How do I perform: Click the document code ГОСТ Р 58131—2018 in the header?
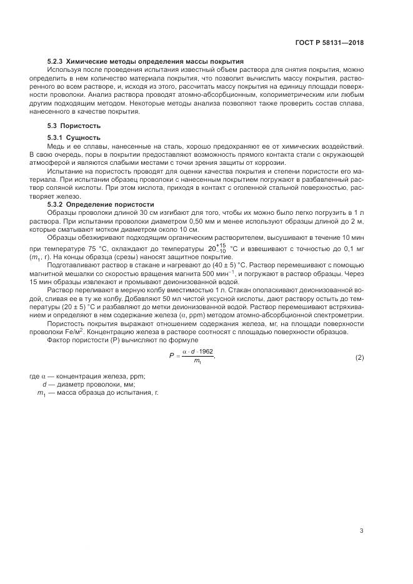click(x=329, y=43)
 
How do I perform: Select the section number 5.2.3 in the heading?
click(x=56, y=62)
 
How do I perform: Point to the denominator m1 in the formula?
click(x=197, y=362)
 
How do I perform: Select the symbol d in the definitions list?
click(x=36, y=384)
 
